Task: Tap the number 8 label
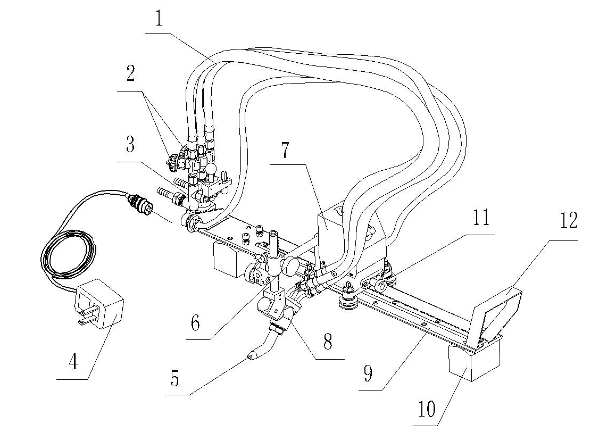coord(327,341)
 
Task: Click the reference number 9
coord(368,373)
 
